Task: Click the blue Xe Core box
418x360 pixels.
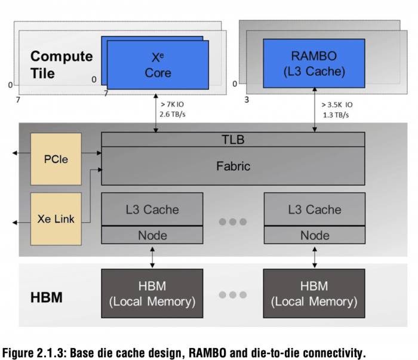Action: [x=158, y=64]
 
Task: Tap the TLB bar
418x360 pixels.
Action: [x=233, y=140]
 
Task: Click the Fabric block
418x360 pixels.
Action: [x=233, y=165]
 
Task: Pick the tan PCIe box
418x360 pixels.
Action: [x=56, y=159]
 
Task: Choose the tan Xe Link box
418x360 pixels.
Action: [x=56, y=219]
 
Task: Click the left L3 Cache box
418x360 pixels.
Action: [x=152, y=210]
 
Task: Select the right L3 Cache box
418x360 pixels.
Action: [x=314, y=210]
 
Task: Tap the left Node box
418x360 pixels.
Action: [x=152, y=235]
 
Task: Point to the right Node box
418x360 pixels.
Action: [x=314, y=235]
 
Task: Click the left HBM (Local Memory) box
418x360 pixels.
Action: [x=152, y=294]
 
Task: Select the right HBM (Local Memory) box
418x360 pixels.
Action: [x=314, y=294]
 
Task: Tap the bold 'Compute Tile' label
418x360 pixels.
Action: [x=62, y=64]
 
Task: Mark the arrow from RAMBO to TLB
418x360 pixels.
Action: [x=315, y=110]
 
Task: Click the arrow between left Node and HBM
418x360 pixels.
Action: [x=152, y=257]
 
